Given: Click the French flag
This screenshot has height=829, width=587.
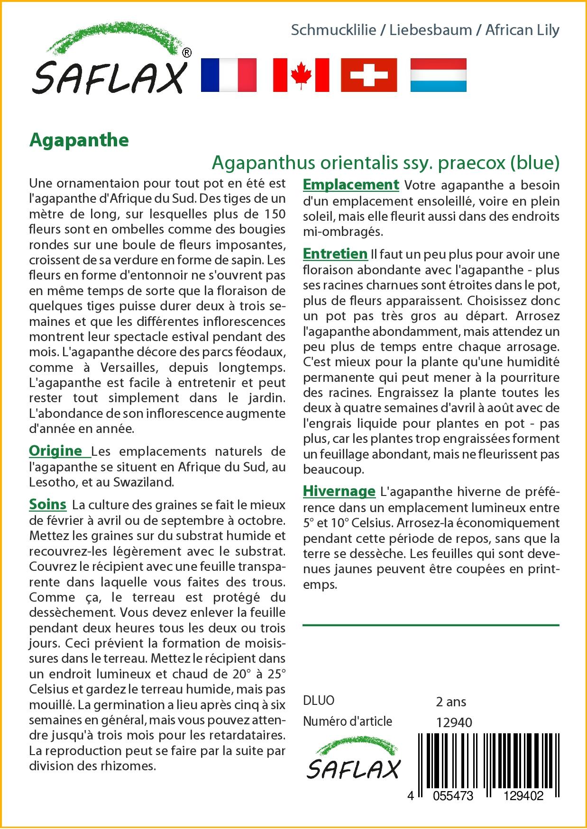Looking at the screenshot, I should [229, 75].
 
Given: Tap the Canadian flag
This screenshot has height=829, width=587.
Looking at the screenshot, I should [301, 75].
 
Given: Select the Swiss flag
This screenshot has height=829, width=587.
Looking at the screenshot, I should [369, 75].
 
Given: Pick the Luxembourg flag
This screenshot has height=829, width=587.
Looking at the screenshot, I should [438, 75].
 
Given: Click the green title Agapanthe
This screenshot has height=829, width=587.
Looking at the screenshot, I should [79, 140].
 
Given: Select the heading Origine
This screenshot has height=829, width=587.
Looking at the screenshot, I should [55, 451].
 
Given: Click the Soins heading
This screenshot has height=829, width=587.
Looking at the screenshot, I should [47, 504].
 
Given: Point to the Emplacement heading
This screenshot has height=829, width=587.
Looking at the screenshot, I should [351, 184].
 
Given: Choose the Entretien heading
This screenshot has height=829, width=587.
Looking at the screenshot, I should [335, 254].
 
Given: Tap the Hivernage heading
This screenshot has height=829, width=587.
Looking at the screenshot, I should [339, 491].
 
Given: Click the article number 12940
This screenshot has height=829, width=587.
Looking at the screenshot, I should [454, 722].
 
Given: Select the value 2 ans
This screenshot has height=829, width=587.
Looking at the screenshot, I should [451, 701].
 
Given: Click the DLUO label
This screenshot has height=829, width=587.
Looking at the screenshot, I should [319, 701].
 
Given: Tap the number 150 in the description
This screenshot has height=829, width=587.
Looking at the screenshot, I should [274, 214].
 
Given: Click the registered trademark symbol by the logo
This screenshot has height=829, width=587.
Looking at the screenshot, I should [187, 53].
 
